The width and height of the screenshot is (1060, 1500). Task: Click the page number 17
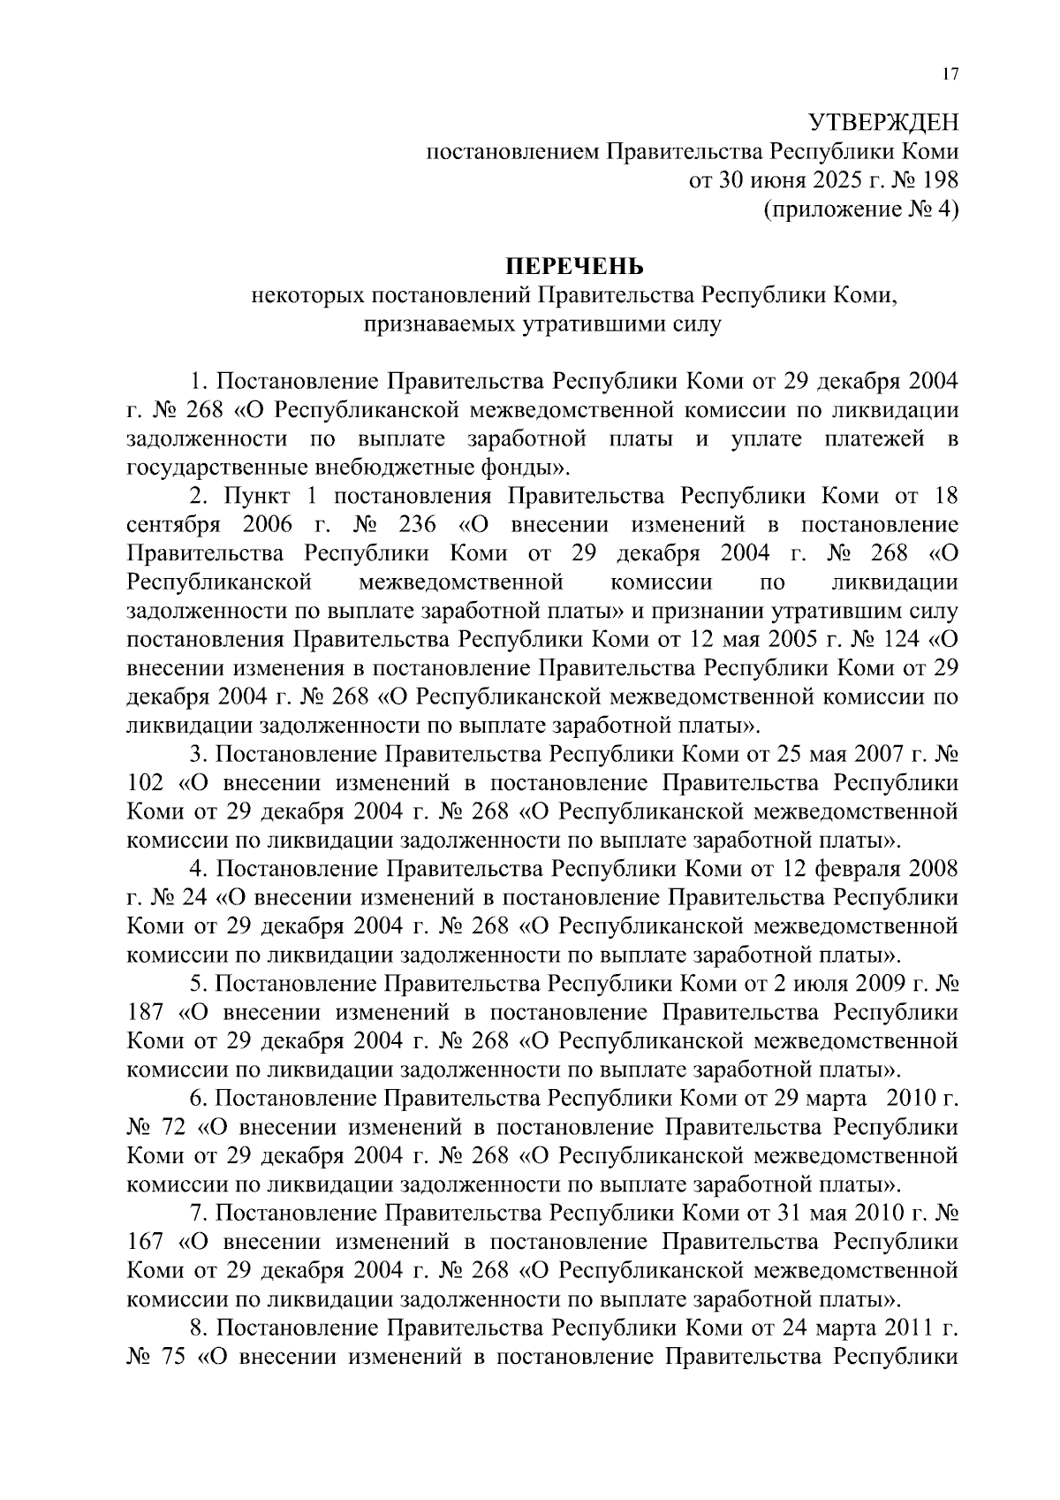pyautogui.click(x=950, y=75)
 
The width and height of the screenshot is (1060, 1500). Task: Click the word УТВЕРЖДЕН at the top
pyautogui.click(x=885, y=122)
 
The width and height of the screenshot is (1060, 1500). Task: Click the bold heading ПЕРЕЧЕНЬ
pyautogui.click(x=574, y=265)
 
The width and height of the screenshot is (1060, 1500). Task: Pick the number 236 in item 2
pyautogui.click(x=418, y=525)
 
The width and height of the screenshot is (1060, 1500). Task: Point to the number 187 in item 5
pyautogui.click(x=146, y=1012)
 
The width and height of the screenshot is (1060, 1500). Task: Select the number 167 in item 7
pyautogui.click(x=146, y=1242)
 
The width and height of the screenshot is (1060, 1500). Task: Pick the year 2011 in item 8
pyautogui.click(x=910, y=1328)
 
